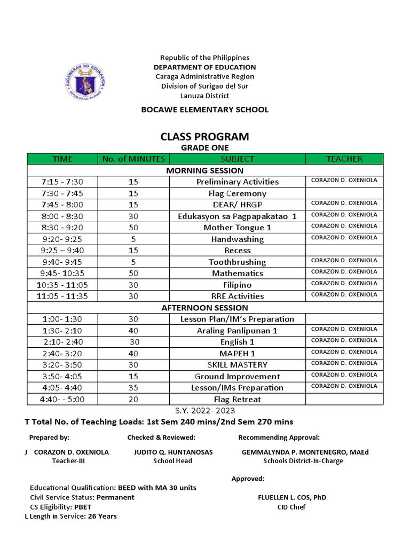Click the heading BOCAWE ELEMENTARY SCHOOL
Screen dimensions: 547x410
pos(204,110)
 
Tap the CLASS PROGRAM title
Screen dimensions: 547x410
pos(204,137)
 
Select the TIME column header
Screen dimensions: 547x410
pos(62,159)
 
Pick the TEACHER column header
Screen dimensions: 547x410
pos(344,159)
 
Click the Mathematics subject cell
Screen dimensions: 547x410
pos(237,273)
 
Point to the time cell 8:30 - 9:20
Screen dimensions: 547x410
pos(62,228)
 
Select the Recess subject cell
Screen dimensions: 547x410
pos(237,251)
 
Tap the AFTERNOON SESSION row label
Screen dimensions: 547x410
pos(204,308)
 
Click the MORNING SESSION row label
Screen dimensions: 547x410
pos(204,170)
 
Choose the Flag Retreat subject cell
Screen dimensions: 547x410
pos(237,399)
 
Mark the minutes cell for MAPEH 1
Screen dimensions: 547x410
pos(133,354)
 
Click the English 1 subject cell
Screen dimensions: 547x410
pos(237,342)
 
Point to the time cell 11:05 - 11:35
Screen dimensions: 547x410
pos(62,296)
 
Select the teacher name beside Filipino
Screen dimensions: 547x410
pos(344,283)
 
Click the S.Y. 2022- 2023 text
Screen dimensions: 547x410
pos(204,410)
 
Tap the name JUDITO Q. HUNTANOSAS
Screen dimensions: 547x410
pos(173,452)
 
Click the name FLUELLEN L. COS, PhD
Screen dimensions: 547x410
pos(291,497)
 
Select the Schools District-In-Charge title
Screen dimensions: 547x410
pos(303,461)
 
